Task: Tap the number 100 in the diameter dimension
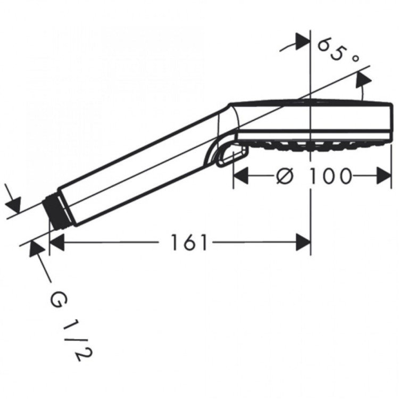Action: click(330, 176)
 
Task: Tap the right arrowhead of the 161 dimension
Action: click(303, 243)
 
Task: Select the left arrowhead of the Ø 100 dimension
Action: click(241, 176)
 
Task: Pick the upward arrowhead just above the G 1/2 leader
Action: click(36, 248)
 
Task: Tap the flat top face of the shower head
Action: click(309, 102)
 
